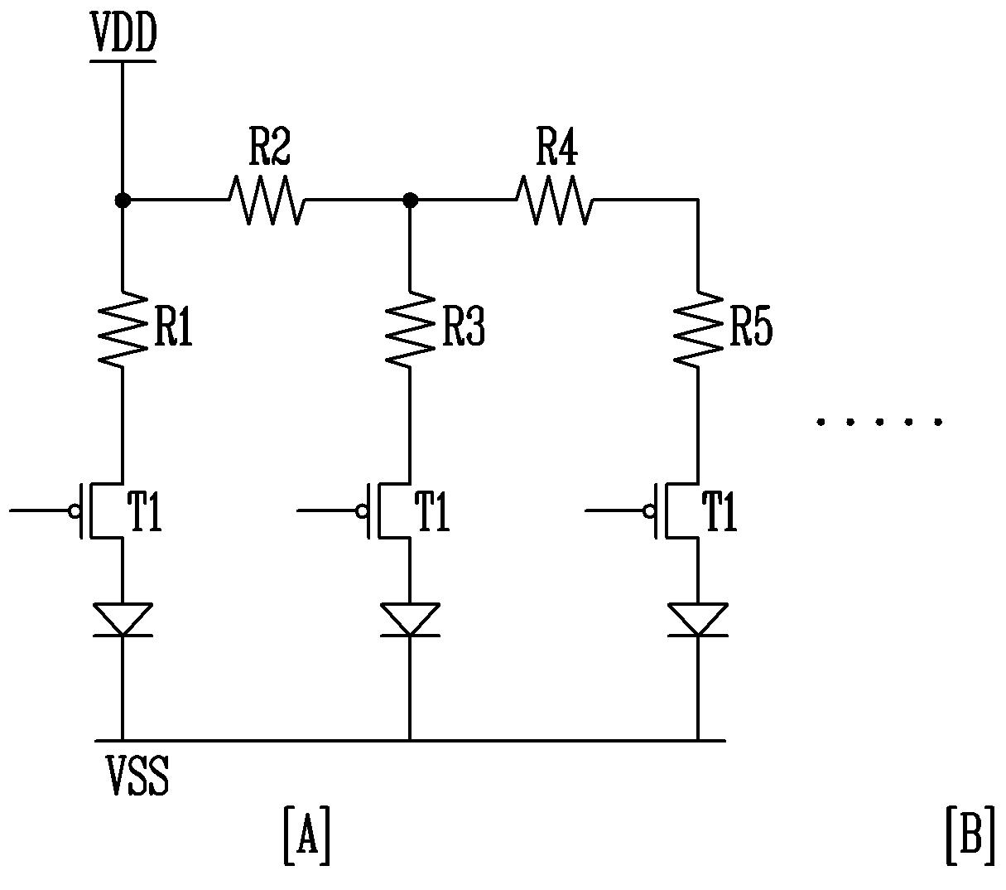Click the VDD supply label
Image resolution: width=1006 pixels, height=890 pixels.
(123, 32)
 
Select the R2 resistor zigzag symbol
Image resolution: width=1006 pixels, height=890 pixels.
(267, 200)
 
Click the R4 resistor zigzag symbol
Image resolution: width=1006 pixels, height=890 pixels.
(555, 200)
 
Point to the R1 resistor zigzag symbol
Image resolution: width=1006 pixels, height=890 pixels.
(123, 330)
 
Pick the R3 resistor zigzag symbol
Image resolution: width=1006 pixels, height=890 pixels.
(410, 330)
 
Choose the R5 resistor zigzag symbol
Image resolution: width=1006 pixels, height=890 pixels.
(698, 330)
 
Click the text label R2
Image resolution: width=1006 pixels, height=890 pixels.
(270, 147)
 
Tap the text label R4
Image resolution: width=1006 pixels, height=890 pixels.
(557, 147)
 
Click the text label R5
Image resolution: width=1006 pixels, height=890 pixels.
(751, 326)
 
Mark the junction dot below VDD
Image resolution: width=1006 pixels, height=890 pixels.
(123, 201)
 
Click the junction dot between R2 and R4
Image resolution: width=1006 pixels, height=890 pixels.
(410, 201)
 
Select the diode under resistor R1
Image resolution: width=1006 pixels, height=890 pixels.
(123, 619)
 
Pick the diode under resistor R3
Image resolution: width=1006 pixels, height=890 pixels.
(410, 619)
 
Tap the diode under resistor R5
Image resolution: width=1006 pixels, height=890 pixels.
(698, 619)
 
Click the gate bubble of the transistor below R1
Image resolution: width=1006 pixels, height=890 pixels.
(75, 510)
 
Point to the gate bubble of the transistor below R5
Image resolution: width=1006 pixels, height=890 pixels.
(649, 510)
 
